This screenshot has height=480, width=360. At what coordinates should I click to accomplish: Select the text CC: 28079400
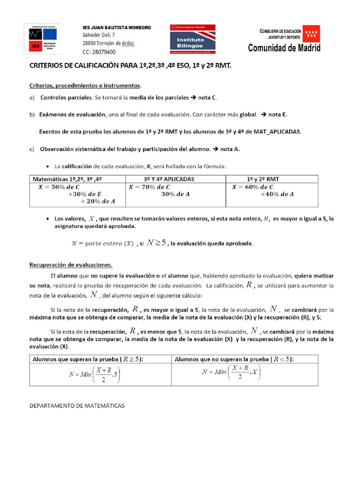[x=99, y=52]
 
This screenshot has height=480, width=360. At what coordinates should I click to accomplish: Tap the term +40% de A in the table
[x=277, y=194]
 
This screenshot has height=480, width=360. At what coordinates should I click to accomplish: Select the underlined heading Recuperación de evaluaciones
[x=71, y=264]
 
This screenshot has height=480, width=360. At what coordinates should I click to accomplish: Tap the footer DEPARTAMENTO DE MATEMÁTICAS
[x=77, y=405]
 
